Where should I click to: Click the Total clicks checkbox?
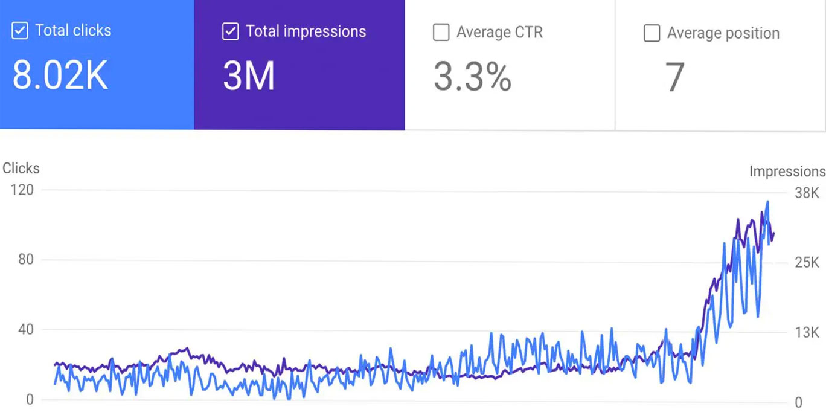coord(20,31)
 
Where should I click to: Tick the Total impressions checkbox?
coord(230,31)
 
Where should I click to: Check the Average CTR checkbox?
coord(441,33)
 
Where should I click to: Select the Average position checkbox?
coord(652,33)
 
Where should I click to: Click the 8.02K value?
coord(60,77)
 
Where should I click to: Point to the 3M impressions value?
coord(248,77)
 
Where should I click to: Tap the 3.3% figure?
coord(472,77)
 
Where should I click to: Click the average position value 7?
coord(674,77)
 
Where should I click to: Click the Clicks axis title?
coord(21,169)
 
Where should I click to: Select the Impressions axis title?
coord(787,172)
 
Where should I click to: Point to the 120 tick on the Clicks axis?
coord(21,190)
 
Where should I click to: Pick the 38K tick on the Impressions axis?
coord(806,193)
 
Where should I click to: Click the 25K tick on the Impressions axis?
coord(806,263)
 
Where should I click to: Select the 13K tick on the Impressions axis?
coord(806,333)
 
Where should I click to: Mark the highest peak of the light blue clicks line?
coord(767,202)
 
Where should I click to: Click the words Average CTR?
coord(499,32)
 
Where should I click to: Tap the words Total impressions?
coord(306,31)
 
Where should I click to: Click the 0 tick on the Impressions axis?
coord(798,402)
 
